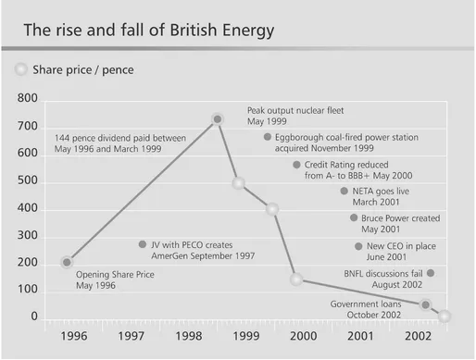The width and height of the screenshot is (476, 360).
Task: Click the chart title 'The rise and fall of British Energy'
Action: click(x=148, y=30)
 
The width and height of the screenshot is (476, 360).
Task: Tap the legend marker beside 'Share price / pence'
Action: click(x=20, y=69)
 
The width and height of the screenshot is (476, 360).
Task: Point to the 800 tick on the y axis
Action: click(x=28, y=97)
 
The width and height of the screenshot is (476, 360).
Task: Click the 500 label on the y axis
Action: click(x=28, y=180)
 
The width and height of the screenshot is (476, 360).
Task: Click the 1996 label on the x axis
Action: click(x=74, y=338)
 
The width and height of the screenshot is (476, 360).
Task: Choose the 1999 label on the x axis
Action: click(x=244, y=338)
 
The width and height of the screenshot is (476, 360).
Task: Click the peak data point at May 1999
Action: click(x=218, y=118)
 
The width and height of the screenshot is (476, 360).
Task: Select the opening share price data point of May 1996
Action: click(x=67, y=262)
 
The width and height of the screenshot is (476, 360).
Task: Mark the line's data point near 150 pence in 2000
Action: click(x=296, y=279)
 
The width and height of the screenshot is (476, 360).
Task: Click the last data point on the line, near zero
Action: click(x=445, y=317)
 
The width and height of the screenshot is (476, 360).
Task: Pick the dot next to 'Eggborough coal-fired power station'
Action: click(x=268, y=136)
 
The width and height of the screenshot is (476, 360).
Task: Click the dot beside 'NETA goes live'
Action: click(x=344, y=191)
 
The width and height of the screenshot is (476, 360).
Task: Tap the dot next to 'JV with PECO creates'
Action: click(x=143, y=244)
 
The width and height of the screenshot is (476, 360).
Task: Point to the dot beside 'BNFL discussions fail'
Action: click(x=431, y=273)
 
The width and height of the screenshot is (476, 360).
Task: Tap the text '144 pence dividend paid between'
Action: click(x=121, y=138)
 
